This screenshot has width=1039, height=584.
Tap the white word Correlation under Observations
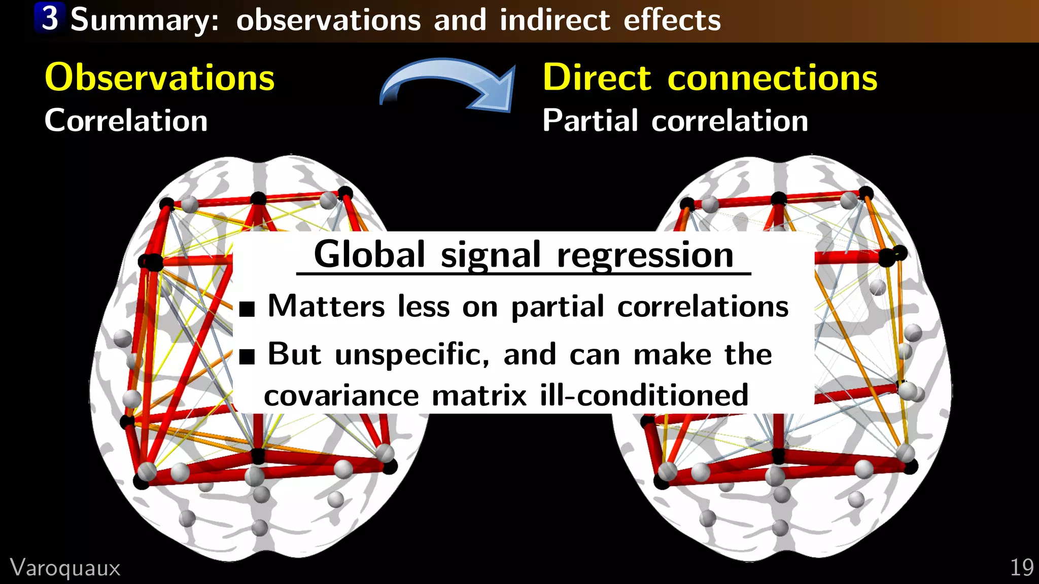[126, 121]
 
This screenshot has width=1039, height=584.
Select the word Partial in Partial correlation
[590, 121]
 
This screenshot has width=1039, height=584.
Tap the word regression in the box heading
[645, 255]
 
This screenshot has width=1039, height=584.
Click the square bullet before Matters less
[247, 308]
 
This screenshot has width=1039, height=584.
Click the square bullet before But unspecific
[247, 356]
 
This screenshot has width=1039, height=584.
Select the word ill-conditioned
[644, 395]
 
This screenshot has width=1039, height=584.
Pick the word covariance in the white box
[341, 395]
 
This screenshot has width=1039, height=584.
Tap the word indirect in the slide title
[555, 20]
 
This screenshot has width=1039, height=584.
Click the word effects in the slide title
[672, 20]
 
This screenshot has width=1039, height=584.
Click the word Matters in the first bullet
[326, 306]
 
